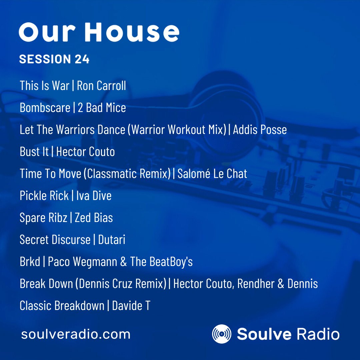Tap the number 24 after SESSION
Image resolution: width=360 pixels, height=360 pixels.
[x=82, y=59]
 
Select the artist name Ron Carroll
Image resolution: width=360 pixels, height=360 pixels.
[x=101, y=86]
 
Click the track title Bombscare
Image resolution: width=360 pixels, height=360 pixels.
[x=45, y=108]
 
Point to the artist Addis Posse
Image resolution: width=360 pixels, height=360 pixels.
[x=260, y=130]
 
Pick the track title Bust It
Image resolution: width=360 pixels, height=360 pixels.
[x=34, y=152]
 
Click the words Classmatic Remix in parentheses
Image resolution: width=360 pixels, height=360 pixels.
[x=126, y=174]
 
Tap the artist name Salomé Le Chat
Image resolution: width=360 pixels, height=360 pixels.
[x=212, y=174]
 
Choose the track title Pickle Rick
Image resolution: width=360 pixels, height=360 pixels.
[x=44, y=196]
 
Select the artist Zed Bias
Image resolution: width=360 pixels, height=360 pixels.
[x=94, y=218]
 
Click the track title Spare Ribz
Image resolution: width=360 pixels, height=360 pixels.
[x=43, y=218]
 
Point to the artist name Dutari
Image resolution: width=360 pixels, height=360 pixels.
[x=112, y=240]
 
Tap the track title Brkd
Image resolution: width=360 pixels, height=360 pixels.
[x=30, y=262]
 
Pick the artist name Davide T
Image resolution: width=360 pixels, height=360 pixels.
[x=131, y=306]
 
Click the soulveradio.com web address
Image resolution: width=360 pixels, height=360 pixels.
[x=76, y=334]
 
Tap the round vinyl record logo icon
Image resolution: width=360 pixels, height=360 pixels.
[x=222, y=334]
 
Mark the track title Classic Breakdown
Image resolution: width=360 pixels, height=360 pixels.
[x=62, y=306]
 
